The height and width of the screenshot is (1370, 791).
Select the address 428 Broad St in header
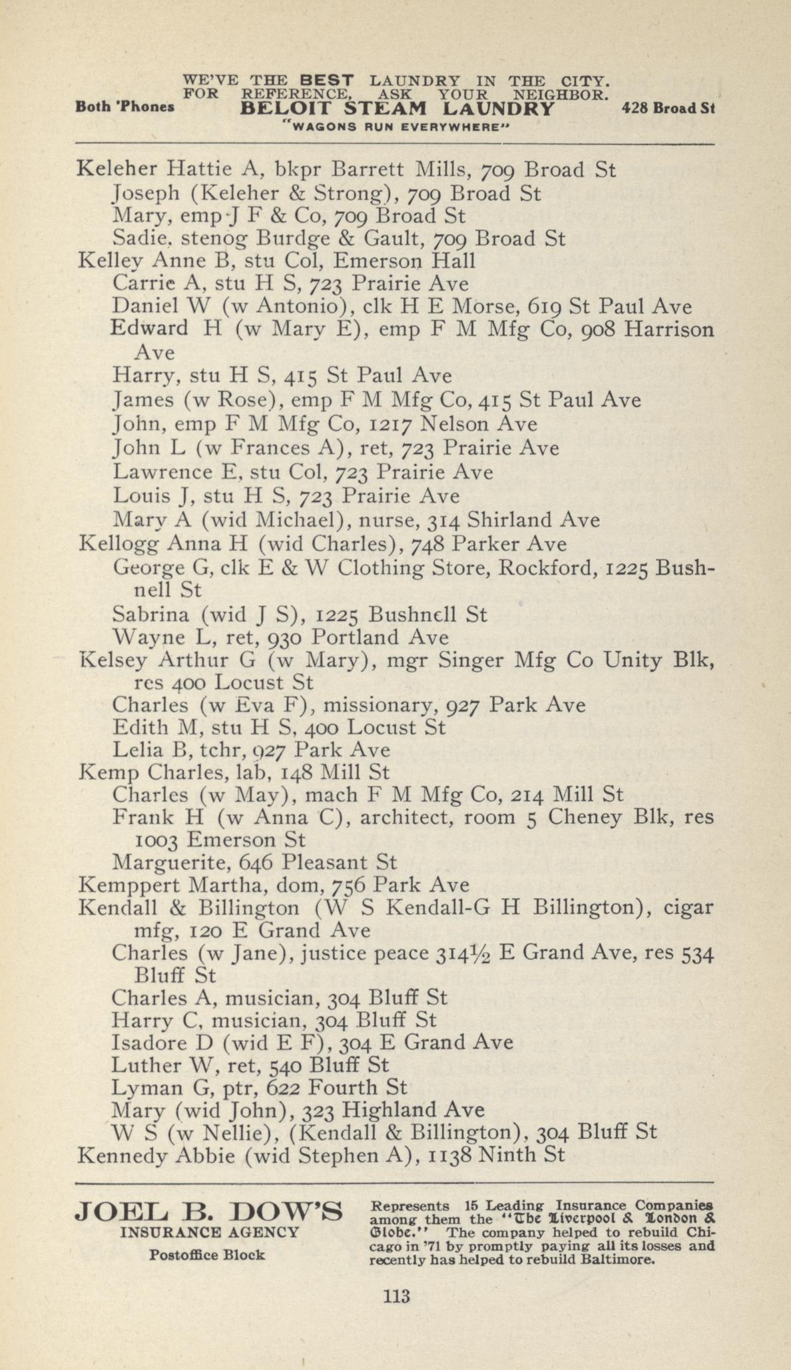[667, 108]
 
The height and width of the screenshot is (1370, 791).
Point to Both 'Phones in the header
[125, 107]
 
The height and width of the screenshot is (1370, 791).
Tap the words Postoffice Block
[207, 1255]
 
